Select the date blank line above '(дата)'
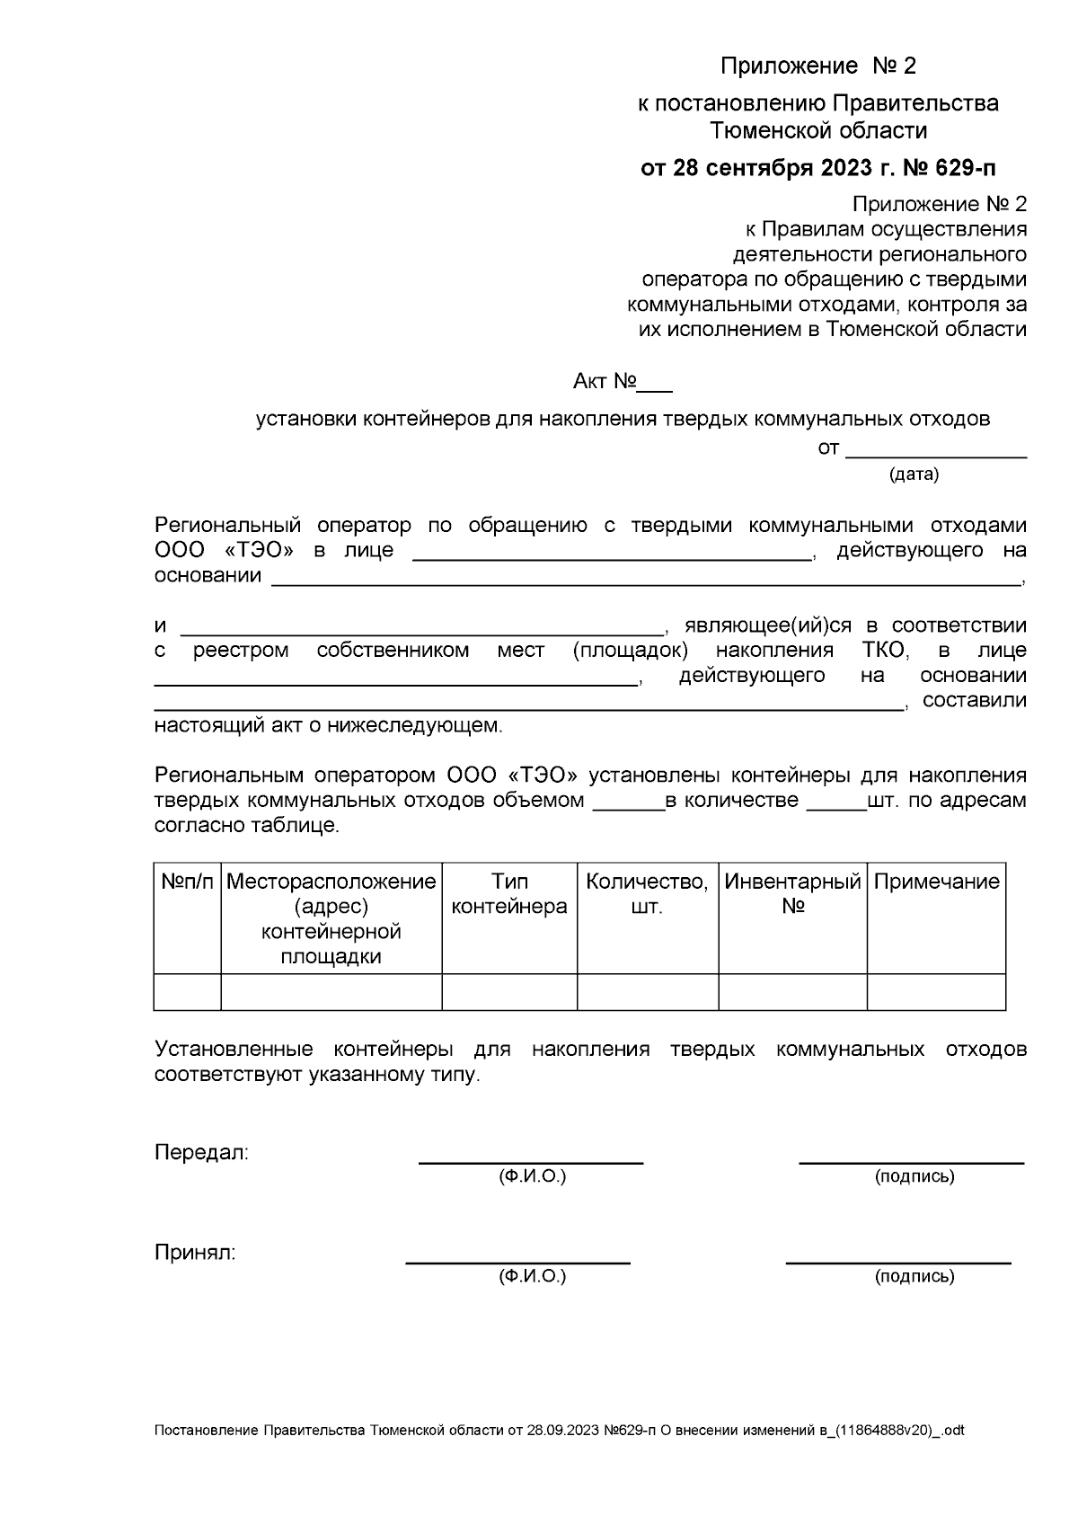(x=936, y=456)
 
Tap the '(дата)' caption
(x=914, y=474)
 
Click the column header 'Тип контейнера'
(x=509, y=894)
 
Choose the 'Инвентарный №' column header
(x=792, y=894)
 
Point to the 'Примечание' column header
(x=936, y=882)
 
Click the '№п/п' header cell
(x=188, y=882)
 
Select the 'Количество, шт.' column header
(x=647, y=894)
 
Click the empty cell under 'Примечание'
(x=936, y=992)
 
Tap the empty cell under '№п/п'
(x=188, y=992)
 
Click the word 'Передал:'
(x=201, y=1153)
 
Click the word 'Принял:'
(x=195, y=1253)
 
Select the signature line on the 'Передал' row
(x=912, y=1162)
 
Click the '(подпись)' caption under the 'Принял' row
(x=915, y=1276)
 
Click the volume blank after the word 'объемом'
(x=628, y=808)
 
